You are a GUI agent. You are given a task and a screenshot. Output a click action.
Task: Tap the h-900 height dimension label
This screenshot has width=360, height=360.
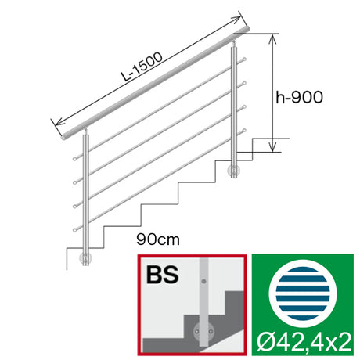pos(300,97)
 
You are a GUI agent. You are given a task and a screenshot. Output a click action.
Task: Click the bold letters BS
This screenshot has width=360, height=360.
pos(163,276)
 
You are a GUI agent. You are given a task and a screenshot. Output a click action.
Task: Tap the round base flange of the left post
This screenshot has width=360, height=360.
pos(87,258)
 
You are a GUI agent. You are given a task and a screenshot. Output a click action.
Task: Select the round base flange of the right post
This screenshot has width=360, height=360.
pos(233,171)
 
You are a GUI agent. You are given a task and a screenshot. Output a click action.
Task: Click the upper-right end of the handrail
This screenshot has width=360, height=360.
pos(247,28)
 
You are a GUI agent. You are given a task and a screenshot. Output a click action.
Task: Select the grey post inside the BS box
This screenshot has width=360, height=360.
pos(203,297)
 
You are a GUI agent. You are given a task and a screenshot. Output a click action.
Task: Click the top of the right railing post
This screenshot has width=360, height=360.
pos(233,47)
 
